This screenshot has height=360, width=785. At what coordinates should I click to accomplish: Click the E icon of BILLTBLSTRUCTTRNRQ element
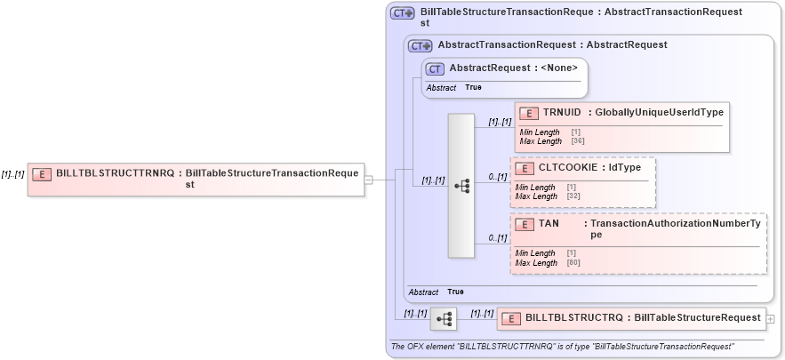41,173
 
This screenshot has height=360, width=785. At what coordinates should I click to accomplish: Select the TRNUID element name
562,112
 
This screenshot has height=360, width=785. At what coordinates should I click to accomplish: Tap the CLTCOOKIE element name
567,167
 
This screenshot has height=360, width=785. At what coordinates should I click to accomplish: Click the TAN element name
549,223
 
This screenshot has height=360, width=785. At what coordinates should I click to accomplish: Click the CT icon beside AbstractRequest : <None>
435,68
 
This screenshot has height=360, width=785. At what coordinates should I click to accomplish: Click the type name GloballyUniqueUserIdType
659,112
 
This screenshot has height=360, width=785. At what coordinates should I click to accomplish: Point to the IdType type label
625,167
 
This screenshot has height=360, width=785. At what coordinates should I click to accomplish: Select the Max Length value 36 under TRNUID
576,141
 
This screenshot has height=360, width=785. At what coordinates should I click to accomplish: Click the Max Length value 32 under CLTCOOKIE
572,196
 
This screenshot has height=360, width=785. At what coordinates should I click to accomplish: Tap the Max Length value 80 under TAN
572,263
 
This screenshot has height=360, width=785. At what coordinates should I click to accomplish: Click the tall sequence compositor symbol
461,186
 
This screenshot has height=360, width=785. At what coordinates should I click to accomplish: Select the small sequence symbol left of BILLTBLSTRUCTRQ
443,317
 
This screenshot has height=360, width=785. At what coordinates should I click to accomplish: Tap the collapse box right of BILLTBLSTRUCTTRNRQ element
369,180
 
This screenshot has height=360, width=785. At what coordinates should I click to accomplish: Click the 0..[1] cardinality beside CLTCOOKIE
498,177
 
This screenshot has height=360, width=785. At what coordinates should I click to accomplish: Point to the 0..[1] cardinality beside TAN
498,237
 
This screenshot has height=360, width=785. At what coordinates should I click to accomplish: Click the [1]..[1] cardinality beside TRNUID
500,122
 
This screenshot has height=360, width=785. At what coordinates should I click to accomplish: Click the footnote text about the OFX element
562,346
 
